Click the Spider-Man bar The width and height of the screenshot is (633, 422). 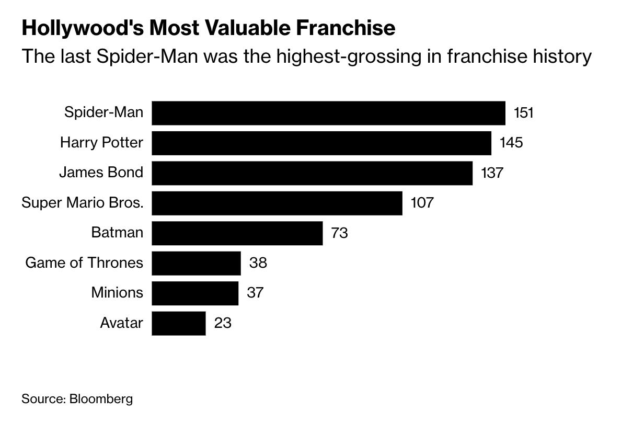[x=328, y=113]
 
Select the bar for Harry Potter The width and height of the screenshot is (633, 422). [x=321, y=143]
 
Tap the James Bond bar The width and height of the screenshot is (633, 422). [x=312, y=173]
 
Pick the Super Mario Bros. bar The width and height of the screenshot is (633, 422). [x=277, y=203]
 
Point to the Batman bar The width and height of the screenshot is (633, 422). [x=237, y=233]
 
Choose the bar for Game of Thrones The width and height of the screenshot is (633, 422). [x=196, y=263]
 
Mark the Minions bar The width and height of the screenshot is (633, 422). [x=195, y=292]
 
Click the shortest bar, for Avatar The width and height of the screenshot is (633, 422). [x=179, y=323]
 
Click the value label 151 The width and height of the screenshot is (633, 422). [x=524, y=113]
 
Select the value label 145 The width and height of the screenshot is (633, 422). [x=511, y=143]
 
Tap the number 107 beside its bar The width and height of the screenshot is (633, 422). [x=422, y=203]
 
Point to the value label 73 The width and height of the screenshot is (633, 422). [x=339, y=233]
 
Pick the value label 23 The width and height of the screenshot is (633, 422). [x=223, y=323]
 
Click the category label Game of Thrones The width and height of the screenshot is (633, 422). [x=84, y=263]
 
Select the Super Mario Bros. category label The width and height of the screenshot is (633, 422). [x=82, y=203]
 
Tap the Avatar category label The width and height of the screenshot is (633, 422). [x=121, y=323]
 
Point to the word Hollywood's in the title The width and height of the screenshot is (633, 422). [x=82, y=28]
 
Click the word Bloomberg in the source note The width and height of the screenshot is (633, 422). [x=101, y=400]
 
